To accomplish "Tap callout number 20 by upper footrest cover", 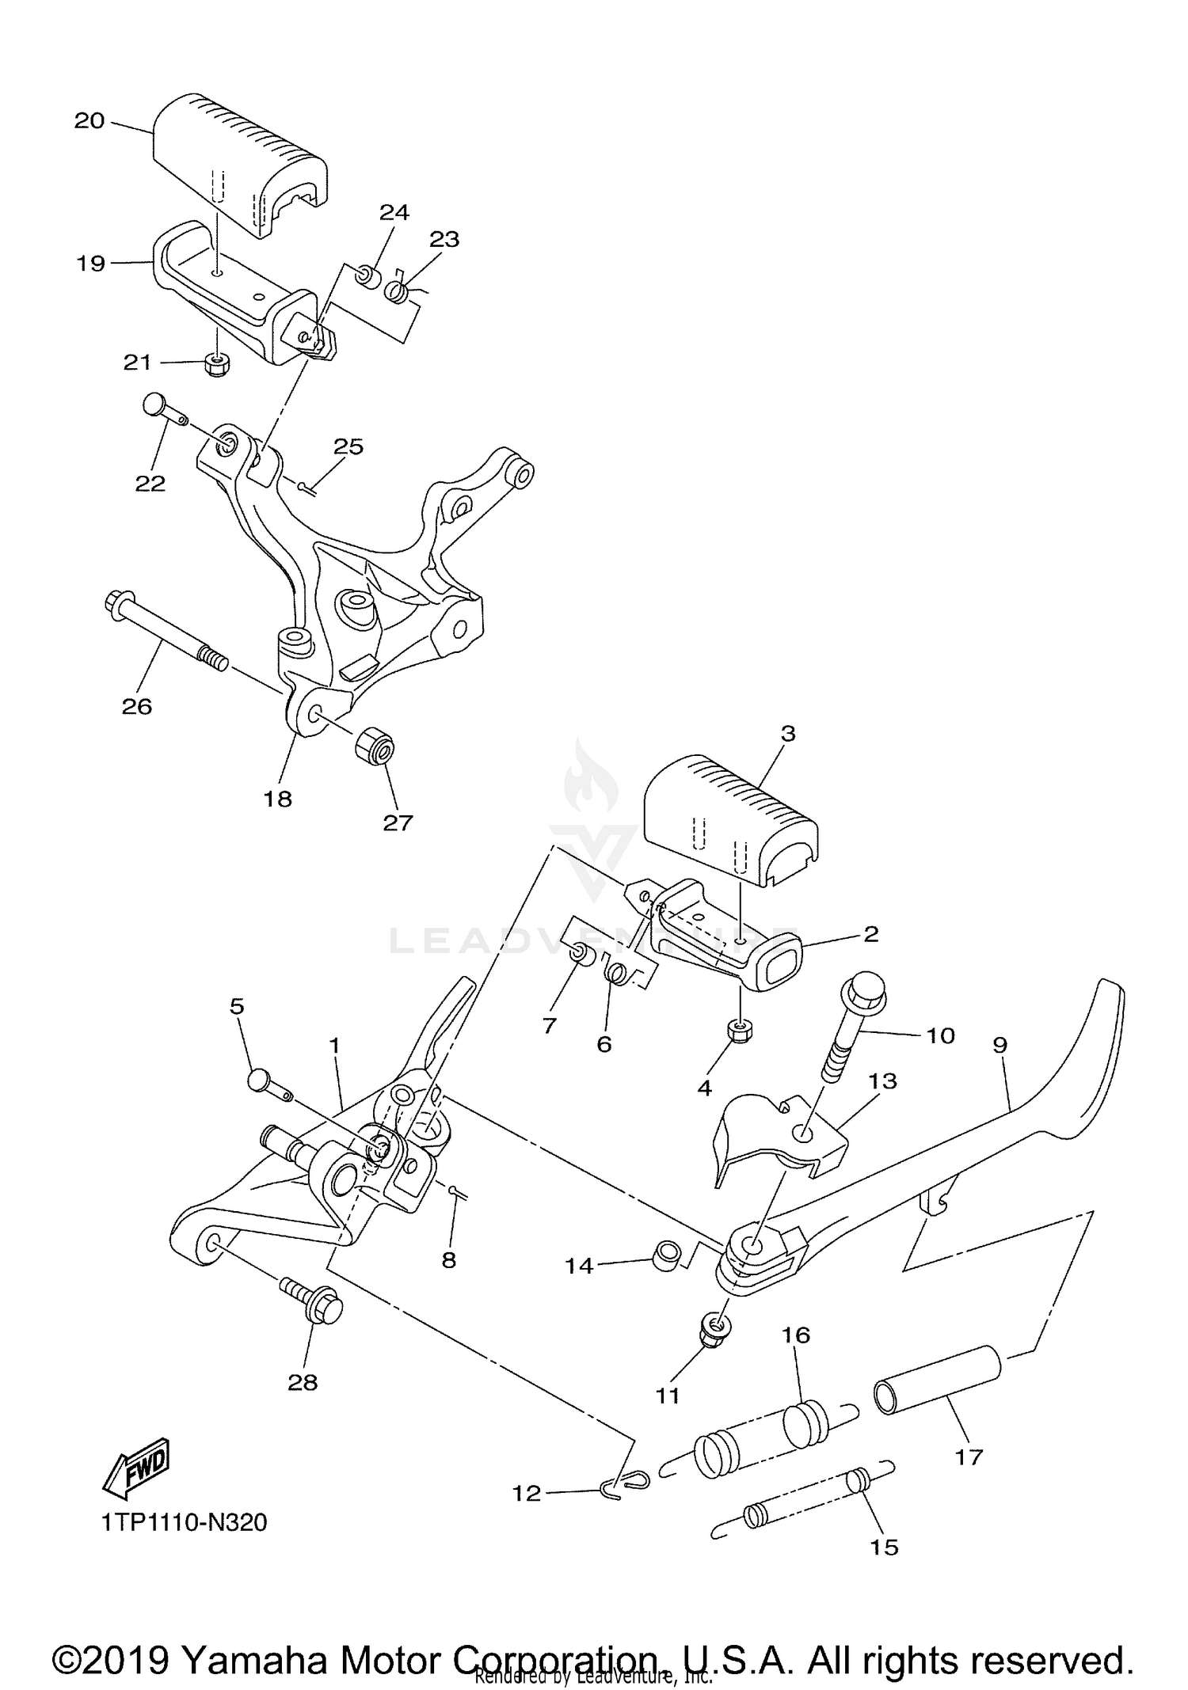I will (89, 121).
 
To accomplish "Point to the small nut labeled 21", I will (218, 364).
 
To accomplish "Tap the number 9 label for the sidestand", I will (1000, 1045).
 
